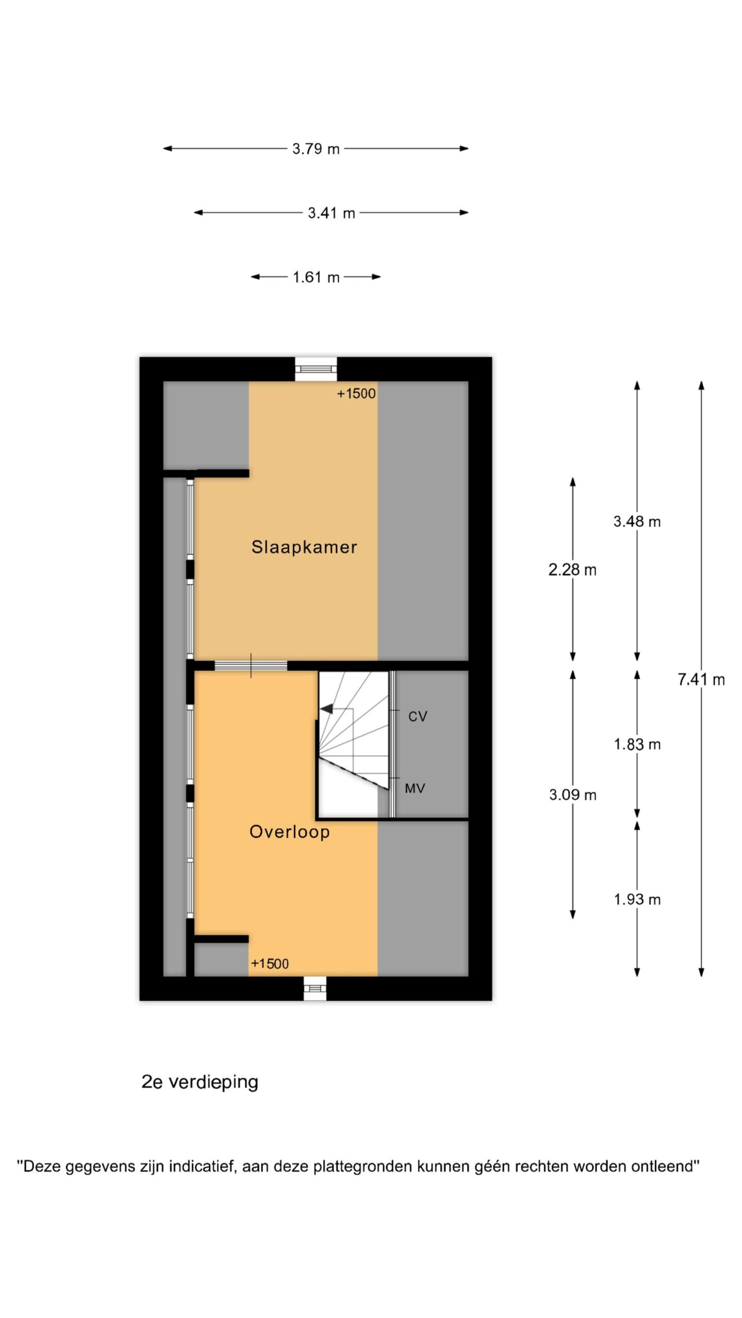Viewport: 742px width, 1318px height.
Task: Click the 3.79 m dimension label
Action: point(316,149)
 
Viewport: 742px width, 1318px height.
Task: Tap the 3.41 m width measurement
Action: point(331,213)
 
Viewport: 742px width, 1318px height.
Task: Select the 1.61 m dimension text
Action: point(316,278)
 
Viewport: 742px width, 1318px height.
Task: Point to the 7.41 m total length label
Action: point(701,680)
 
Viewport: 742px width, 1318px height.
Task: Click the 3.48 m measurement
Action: point(637,522)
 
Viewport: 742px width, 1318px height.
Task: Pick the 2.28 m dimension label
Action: point(572,570)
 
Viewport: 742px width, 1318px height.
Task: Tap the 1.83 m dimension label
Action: point(637,744)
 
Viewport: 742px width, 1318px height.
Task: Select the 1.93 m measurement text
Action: point(637,899)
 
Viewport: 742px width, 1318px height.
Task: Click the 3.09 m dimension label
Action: point(572,795)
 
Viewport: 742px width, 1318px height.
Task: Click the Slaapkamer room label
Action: point(304,547)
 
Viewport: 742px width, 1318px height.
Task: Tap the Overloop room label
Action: point(290,832)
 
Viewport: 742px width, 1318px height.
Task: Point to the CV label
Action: point(418,717)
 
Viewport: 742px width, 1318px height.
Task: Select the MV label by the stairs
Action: point(415,788)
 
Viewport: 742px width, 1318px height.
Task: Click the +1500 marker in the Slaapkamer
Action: point(356,394)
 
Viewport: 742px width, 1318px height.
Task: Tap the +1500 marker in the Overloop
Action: point(269,964)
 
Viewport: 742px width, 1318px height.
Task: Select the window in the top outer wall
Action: point(316,369)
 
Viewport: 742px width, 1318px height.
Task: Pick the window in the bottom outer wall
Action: point(315,988)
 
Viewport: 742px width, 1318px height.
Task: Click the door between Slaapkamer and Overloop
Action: point(251,666)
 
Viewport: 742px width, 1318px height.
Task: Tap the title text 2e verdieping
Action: point(200,1082)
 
